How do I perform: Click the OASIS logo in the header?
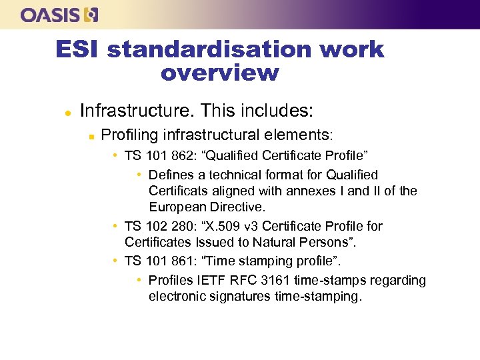[59, 15]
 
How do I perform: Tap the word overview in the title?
[219, 72]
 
